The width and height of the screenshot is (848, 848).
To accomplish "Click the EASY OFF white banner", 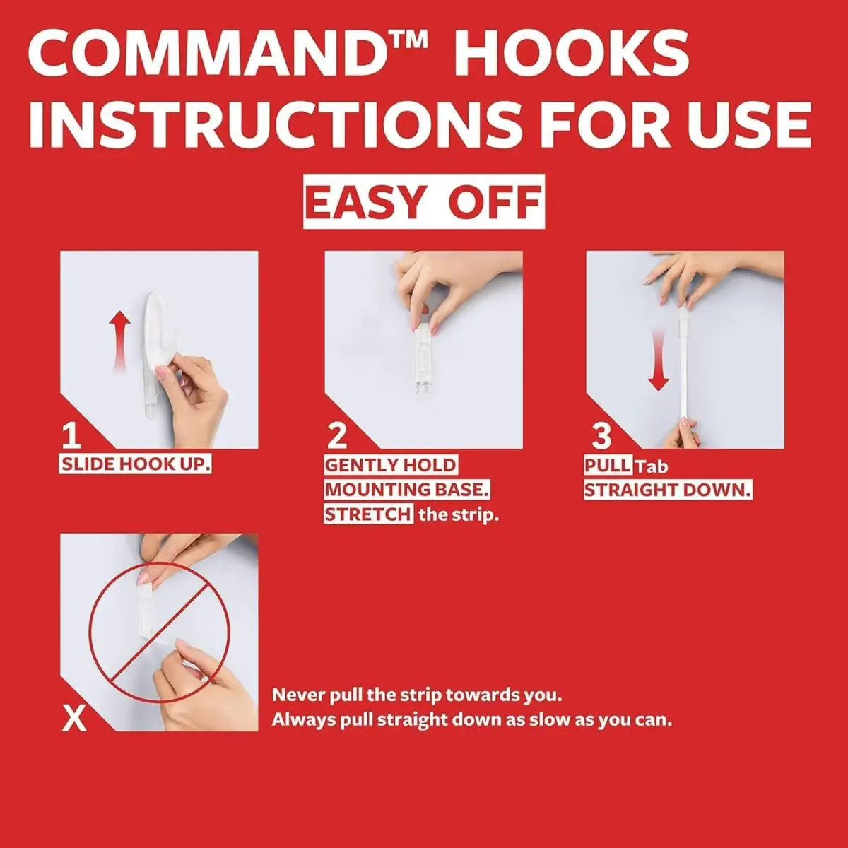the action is (x=424, y=201).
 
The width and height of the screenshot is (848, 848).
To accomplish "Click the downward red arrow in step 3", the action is (x=659, y=360).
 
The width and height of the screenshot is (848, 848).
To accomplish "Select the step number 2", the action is (x=337, y=435).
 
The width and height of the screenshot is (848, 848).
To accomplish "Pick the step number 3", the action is (x=601, y=435).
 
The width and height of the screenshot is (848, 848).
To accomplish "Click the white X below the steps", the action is (x=74, y=718).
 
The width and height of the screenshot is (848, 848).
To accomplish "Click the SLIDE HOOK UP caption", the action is (x=135, y=464).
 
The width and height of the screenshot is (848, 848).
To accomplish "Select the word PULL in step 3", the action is (x=608, y=465).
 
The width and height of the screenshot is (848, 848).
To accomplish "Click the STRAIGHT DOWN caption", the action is (x=668, y=490).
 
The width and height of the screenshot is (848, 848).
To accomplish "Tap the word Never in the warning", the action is (x=298, y=695).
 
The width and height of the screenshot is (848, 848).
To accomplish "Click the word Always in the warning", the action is (x=302, y=720).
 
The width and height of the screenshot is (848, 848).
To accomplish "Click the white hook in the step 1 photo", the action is (x=156, y=352).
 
